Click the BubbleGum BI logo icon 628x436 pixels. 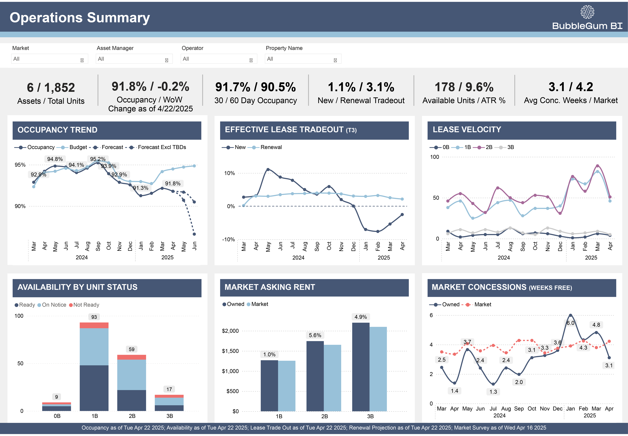[x=587, y=12]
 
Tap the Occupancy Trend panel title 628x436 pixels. [x=57, y=130]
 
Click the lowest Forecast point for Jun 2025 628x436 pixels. [x=194, y=234]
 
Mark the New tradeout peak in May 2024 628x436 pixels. [x=268, y=169]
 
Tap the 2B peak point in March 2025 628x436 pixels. [x=597, y=166]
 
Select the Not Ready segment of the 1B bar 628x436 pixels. [x=94, y=325]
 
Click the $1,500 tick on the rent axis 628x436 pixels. [x=230, y=351]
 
